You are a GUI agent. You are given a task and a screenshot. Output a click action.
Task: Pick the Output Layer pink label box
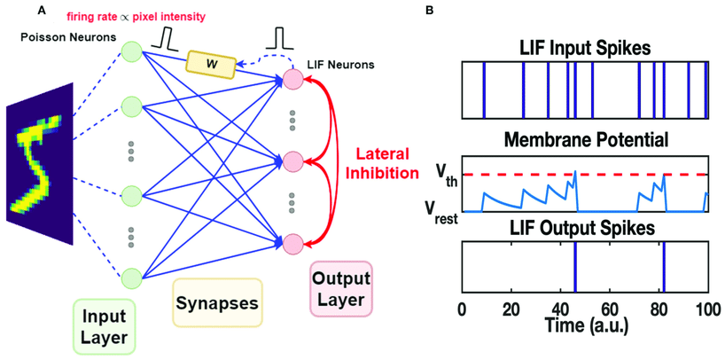click(x=341, y=289)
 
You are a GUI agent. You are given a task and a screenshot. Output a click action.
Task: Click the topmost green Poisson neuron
click(x=131, y=51)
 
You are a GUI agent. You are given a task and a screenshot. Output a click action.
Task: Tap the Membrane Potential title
click(x=584, y=139)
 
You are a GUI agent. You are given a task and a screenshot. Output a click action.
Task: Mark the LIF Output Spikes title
click(x=584, y=230)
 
